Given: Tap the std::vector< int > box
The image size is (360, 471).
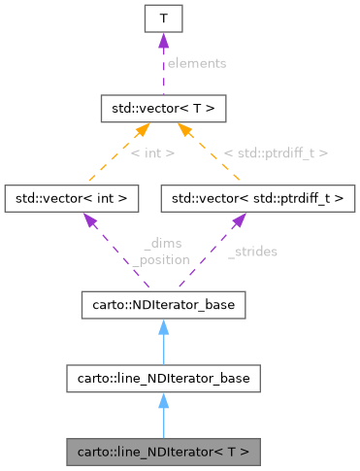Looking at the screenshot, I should (72, 198).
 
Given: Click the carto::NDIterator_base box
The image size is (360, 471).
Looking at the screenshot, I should (162, 306).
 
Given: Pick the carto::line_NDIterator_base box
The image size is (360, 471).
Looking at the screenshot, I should (162, 379).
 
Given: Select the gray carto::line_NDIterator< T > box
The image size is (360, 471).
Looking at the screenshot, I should (162, 452).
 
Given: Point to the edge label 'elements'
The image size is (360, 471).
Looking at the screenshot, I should (196, 63).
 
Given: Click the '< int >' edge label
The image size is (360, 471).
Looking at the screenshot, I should (151, 152).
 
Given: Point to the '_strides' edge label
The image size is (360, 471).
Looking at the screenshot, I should (252, 252).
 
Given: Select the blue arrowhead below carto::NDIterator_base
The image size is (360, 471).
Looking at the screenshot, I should (162, 328).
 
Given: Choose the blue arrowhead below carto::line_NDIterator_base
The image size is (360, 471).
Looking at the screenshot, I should (162, 401).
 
